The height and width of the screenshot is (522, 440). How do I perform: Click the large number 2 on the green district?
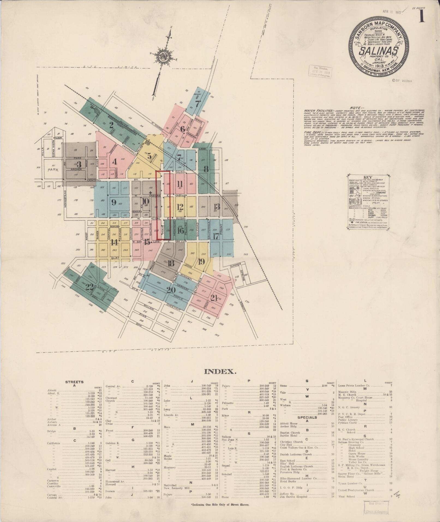(111, 125)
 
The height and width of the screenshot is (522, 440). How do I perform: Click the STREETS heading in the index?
(74, 382)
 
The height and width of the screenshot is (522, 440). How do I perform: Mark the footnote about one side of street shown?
(220, 505)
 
